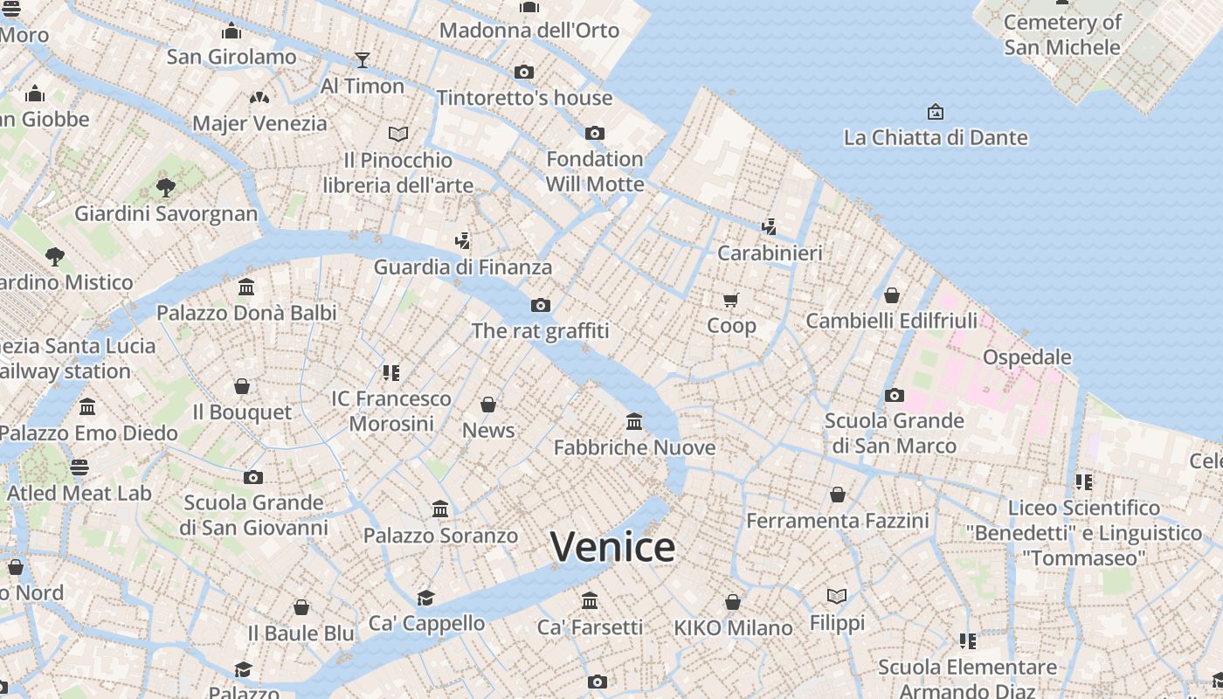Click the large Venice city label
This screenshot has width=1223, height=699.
[x=612, y=547]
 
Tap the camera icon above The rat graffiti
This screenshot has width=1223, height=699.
[x=541, y=305]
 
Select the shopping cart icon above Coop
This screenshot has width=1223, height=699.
[x=731, y=301]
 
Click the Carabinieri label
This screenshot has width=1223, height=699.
[x=770, y=253]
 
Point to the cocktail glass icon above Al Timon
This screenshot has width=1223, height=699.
[x=363, y=59]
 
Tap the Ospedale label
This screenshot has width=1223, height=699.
[x=1026, y=356]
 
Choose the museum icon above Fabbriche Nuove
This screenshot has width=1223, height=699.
[x=634, y=422]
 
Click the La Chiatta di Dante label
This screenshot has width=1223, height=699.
[x=935, y=137]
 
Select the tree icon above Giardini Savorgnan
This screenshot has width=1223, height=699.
[x=166, y=187]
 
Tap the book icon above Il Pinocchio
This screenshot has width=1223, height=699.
[x=398, y=134]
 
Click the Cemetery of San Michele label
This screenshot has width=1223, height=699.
[x=1062, y=35]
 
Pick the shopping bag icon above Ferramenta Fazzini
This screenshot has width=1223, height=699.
[x=837, y=495]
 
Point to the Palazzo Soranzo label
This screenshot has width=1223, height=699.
[x=440, y=536]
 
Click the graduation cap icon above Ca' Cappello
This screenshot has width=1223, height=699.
[x=425, y=598]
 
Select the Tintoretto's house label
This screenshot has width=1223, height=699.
[x=524, y=98]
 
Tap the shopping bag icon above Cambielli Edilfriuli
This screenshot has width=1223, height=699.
[x=891, y=295]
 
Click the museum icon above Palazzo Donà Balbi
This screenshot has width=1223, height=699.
[x=246, y=287]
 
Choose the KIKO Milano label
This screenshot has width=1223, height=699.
[x=733, y=627]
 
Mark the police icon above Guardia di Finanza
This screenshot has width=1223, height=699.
[x=462, y=241]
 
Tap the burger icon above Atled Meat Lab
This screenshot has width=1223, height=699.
[x=79, y=467]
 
